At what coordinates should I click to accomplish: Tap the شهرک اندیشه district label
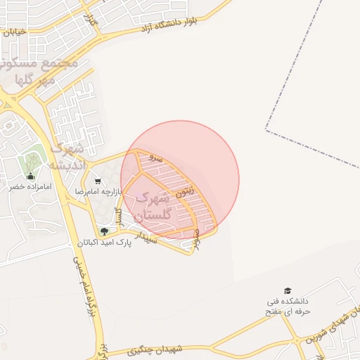(67, 157)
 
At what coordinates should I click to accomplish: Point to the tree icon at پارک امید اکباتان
(104, 231)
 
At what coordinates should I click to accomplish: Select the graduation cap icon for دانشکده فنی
(287, 290)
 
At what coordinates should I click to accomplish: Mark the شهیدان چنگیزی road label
(155, 349)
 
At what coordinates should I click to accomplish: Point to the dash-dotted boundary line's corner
(266, 130)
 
